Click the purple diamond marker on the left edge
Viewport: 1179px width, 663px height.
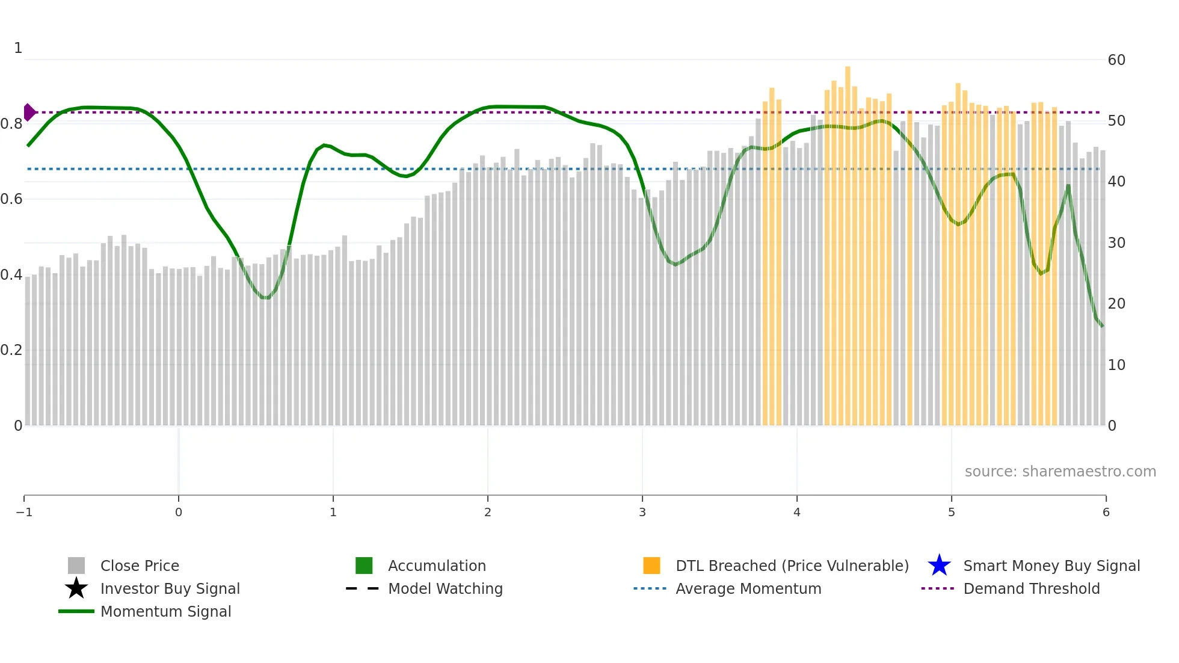click(29, 113)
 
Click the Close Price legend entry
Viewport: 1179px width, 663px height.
click(140, 566)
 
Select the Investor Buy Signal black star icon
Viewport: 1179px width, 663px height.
click(76, 588)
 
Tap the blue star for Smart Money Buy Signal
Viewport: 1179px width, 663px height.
click(939, 566)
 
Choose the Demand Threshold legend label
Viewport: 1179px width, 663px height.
click(1031, 588)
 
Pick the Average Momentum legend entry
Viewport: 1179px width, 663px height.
click(748, 588)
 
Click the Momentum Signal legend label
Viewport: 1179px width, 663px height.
click(165, 611)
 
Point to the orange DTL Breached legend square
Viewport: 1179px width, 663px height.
click(651, 566)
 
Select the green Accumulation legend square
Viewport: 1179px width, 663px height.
click(364, 566)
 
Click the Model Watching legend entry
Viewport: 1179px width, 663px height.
click(445, 588)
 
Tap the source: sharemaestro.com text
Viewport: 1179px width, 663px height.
click(1060, 471)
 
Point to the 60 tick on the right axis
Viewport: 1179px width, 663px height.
click(1116, 60)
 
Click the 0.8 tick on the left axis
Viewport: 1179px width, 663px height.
click(11, 124)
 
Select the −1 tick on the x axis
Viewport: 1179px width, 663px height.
click(24, 512)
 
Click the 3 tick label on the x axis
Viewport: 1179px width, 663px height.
click(642, 512)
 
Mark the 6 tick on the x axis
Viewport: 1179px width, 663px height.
click(1106, 512)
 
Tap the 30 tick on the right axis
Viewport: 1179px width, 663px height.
click(1116, 243)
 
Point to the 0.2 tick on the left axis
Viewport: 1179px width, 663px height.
click(11, 350)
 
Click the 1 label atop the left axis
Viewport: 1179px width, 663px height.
click(18, 48)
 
